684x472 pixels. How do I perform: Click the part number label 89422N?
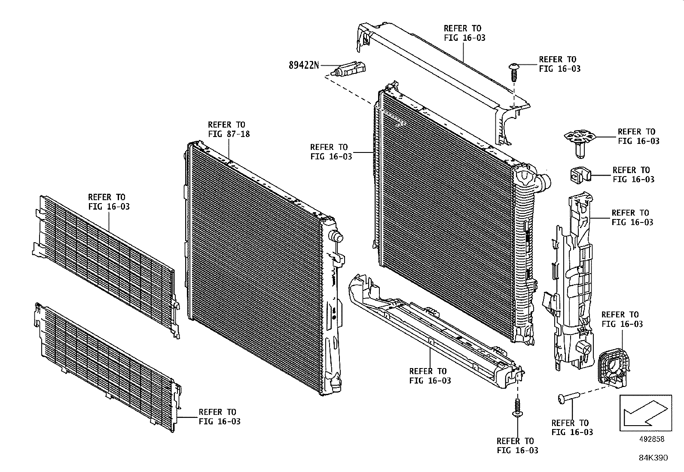304,65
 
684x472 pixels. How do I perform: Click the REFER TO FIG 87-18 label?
229,129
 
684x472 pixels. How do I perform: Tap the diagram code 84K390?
653,458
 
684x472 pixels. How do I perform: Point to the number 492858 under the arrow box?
652,439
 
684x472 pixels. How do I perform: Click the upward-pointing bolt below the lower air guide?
518,408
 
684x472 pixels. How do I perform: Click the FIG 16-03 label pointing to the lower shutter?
219,417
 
